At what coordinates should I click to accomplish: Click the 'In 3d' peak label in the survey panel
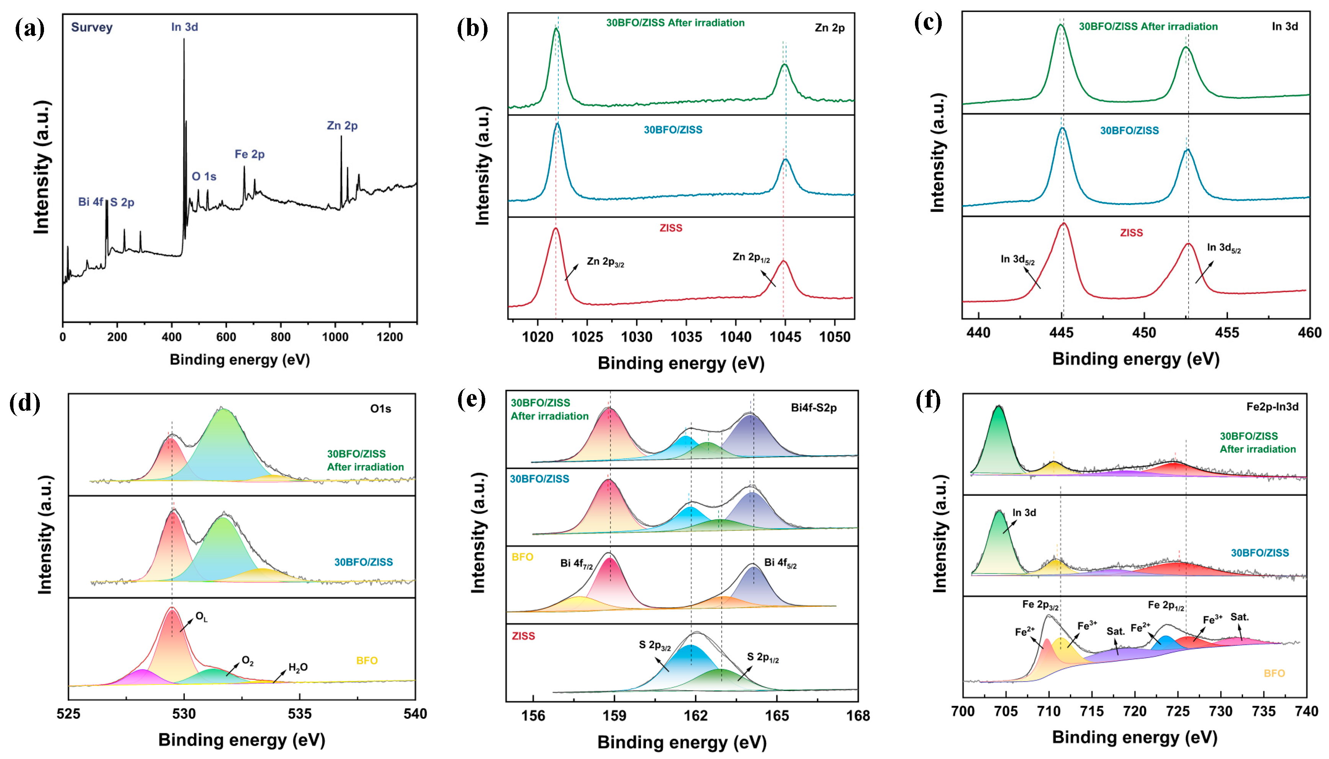click(184, 26)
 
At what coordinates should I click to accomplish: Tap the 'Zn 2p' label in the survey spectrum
click(342, 125)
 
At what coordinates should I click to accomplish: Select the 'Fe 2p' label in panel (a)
click(249, 154)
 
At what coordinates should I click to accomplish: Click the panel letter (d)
click(24, 404)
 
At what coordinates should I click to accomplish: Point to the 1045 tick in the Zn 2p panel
click(785, 337)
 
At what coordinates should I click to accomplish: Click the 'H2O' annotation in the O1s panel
click(298, 667)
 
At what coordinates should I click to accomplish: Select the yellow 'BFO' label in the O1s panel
click(367, 660)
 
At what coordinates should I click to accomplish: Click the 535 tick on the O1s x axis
click(300, 713)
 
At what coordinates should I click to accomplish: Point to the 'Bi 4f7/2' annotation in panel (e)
click(576, 564)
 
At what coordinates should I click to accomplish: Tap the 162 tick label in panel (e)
click(696, 716)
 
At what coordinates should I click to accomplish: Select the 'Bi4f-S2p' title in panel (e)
click(813, 408)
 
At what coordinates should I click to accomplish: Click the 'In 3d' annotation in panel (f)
click(1024, 512)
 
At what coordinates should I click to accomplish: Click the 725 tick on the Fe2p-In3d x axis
click(1178, 711)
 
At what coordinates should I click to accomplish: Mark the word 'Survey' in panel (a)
click(92, 27)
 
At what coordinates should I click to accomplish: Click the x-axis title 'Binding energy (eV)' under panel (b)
click(680, 363)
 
